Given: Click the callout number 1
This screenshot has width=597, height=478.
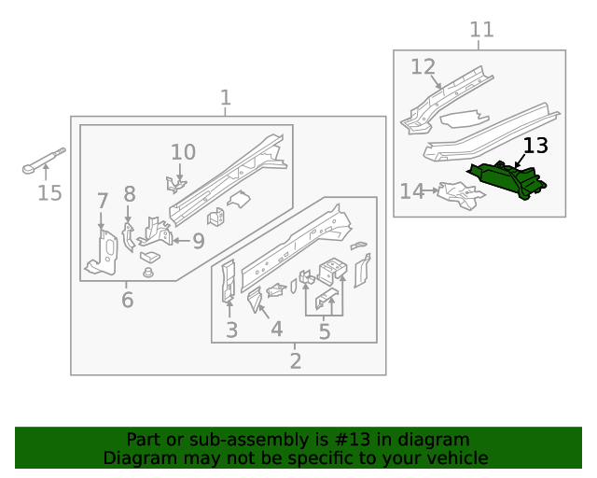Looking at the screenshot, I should pyautogui.click(x=225, y=98).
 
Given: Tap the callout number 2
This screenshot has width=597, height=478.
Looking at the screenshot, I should pyautogui.click(x=295, y=361).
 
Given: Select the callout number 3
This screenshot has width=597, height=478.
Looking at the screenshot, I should pyautogui.click(x=231, y=330).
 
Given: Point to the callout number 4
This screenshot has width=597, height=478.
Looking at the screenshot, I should pyautogui.click(x=276, y=330).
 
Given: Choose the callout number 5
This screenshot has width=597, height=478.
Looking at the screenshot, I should pyautogui.click(x=324, y=331).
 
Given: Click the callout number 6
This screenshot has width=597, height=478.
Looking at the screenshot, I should pyautogui.click(x=127, y=300).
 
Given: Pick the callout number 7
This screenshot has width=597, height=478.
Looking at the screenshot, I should pyautogui.click(x=103, y=200).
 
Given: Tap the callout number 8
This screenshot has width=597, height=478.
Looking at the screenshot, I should pyautogui.click(x=129, y=194).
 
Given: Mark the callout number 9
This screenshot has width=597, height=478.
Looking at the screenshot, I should pyautogui.click(x=198, y=242).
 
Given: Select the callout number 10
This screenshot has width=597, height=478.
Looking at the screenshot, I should pyautogui.click(x=183, y=152).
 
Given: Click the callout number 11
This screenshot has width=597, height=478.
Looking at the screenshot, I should pyautogui.click(x=480, y=30).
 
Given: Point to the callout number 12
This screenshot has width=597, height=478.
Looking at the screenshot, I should pyautogui.click(x=423, y=67).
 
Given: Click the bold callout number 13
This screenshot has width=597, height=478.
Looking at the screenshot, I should pyautogui.click(x=535, y=146).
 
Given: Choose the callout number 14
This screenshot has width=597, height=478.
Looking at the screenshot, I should pyautogui.click(x=411, y=191).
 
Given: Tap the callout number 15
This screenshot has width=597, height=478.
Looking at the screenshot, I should pyautogui.click(x=49, y=193).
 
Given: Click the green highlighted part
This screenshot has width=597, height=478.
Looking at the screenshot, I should pyautogui.click(x=508, y=180).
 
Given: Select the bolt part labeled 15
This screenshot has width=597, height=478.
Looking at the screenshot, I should pyautogui.click(x=43, y=162).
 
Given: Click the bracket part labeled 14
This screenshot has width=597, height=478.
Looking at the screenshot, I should pyautogui.click(x=459, y=193).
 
